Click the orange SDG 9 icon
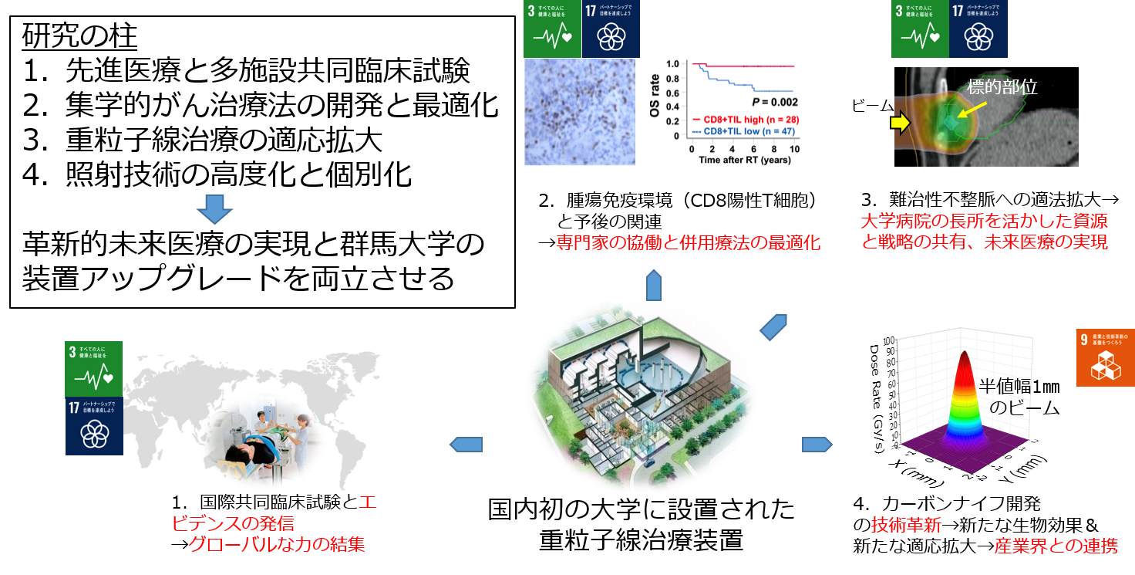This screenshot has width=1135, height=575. pos(1105,357)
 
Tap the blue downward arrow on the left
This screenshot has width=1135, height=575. pos(214,208)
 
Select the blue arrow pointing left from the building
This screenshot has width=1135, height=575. pos(466,444)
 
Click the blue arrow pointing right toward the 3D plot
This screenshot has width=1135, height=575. pos(817,445)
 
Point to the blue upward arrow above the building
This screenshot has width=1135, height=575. pos(653,285)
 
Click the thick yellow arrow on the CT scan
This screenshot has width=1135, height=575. pos(899,122)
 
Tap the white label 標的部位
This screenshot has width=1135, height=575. pos(1002,87)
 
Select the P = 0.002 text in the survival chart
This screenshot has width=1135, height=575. pos(775,102)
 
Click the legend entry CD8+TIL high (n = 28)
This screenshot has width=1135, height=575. pos(746,120)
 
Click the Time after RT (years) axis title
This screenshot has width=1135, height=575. pos(746,159)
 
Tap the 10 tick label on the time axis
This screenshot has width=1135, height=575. pos(792,148)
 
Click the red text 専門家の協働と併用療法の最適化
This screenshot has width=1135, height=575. pos(688,243)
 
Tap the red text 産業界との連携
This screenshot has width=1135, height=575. pos(1056,546)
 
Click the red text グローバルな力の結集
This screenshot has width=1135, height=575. pos(277,545)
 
